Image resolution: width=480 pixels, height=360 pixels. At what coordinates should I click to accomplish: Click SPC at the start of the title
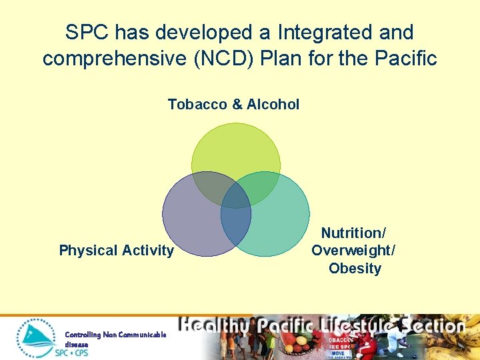tap(87, 32)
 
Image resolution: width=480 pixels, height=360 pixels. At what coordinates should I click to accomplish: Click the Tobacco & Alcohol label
tap(233, 105)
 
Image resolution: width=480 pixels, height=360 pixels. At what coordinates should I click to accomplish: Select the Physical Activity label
tap(116, 251)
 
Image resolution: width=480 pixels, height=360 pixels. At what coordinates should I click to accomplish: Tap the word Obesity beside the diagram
tap(355, 269)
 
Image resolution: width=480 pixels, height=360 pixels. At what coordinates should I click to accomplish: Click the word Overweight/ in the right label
tap(353, 251)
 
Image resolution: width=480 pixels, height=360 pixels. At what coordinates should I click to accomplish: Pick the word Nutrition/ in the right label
tap(353, 233)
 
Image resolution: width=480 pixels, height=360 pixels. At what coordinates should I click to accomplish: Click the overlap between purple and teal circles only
tap(236, 230)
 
